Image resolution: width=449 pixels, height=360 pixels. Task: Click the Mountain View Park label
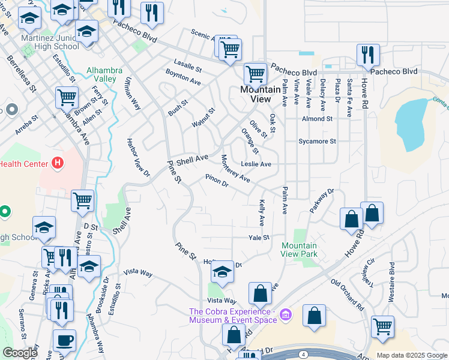click(x=299, y=250)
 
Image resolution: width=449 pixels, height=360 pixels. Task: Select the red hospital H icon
click(x=58, y=162)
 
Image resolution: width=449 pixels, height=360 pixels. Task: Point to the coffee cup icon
click(x=64, y=341)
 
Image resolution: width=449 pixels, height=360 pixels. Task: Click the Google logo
click(x=20, y=353)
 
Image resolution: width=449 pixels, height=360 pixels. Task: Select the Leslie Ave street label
click(x=256, y=164)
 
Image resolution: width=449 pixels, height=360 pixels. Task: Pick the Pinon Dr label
click(x=217, y=181)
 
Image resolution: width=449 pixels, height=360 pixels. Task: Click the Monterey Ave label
click(x=235, y=169)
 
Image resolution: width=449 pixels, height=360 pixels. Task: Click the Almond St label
click(x=318, y=119)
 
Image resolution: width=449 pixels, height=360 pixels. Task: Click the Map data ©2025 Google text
click(x=411, y=355)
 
